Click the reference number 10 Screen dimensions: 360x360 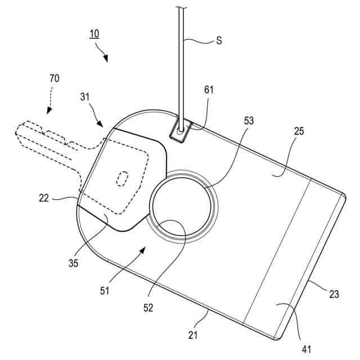pos(94,34)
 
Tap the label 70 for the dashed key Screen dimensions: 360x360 pos(54,78)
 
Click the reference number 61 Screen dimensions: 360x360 pos(209,89)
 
